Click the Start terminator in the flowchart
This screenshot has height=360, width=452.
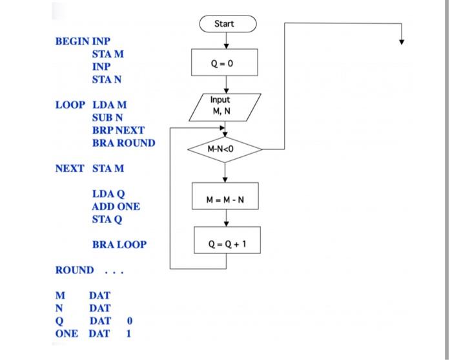coord(225,24)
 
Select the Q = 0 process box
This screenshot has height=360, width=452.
coord(225,63)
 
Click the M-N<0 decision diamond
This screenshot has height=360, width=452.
coord(225,149)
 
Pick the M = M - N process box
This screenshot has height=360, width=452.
coord(225,199)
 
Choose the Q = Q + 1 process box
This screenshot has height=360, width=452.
coord(227,244)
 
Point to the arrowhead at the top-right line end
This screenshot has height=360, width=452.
coord(402,42)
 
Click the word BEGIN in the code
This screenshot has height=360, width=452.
coord(72,41)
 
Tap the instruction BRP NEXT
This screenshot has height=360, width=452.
coord(118,130)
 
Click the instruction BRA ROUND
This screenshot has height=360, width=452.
coord(123,143)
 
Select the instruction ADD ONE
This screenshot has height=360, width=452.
coord(116,207)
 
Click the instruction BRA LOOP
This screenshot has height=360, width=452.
coord(119,245)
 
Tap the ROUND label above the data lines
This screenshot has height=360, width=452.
coord(74,270)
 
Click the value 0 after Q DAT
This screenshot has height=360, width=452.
coord(130,321)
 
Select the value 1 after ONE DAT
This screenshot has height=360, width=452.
coord(128,334)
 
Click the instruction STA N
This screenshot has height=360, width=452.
coord(107,79)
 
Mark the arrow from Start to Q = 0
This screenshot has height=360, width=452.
coord(225,40)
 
